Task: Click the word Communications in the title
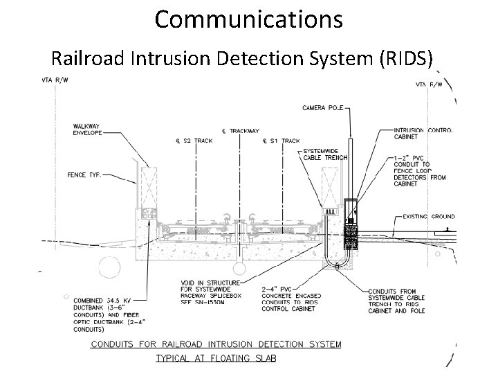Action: click(248, 19)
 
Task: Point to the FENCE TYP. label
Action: click(84, 175)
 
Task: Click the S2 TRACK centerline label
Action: click(194, 142)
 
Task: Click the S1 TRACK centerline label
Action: click(282, 142)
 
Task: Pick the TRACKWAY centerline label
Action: click(241, 130)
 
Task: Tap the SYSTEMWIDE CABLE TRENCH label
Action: click(324, 154)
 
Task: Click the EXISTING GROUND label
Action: click(429, 217)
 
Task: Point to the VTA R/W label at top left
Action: click(54, 80)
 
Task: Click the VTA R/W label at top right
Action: click(430, 84)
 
